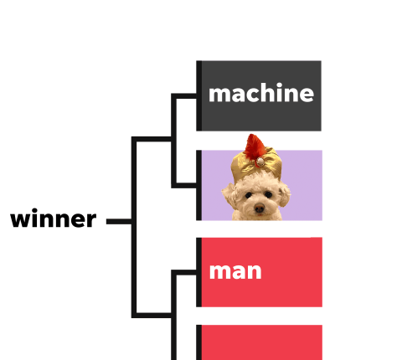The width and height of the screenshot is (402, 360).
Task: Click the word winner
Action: point(54,219)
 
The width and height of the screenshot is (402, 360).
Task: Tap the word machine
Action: point(261,93)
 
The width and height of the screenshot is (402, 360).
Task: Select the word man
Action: point(235,271)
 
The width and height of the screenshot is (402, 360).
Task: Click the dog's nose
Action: point(259,208)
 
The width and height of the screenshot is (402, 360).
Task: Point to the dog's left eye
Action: point(268,194)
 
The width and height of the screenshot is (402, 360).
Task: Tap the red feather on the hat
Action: point(254,147)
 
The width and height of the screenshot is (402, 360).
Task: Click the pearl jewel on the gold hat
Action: point(260,162)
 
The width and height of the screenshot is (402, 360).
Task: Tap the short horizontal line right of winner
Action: point(119,221)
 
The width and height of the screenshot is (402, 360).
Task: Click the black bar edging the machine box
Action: point(199,95)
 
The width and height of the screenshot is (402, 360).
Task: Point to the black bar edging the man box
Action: point(199,272)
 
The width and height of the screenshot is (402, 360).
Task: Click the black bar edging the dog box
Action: point(199,185)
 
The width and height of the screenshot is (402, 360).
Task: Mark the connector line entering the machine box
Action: point(184,96)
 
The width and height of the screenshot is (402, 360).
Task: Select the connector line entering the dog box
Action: point(184,185)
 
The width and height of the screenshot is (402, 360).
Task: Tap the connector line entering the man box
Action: point(184,272)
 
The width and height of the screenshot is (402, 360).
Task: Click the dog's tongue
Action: point(260,214)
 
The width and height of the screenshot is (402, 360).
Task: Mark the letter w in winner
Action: point(19,220)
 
